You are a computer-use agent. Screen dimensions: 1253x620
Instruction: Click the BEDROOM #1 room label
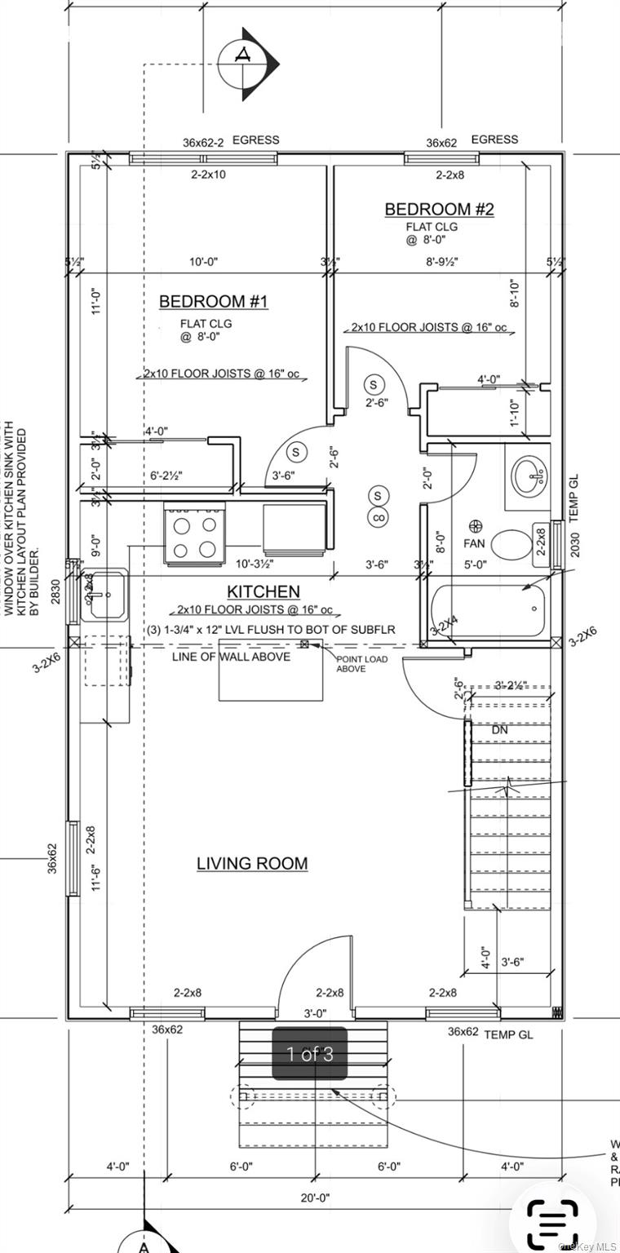pos(213,302)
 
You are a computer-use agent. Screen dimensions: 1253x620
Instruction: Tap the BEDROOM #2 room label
pos(439,210)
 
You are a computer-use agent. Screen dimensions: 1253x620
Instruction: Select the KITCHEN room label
pos(263,591)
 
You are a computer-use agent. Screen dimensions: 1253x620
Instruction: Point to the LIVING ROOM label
pos(252,863)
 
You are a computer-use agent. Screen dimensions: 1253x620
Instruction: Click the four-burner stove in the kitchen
pos(195,535)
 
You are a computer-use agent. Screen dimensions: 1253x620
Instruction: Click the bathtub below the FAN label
pos(487,611)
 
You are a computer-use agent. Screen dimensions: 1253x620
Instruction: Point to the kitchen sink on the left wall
pos(105,596)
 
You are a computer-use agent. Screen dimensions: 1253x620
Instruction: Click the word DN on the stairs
pos(500,730)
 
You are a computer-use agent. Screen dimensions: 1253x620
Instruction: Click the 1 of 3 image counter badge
pos(309,1054)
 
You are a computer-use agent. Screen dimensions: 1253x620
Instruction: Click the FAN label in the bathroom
pos(475,542)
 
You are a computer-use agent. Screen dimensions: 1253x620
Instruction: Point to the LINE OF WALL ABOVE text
pos(231,657)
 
